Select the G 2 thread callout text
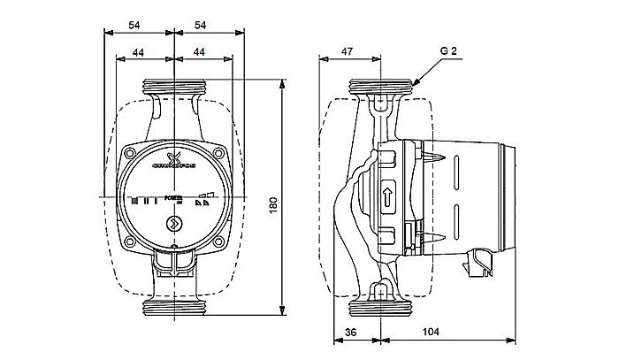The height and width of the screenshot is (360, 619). [x=448, y=52]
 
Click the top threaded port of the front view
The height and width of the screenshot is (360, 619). [x=175, y=88]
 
